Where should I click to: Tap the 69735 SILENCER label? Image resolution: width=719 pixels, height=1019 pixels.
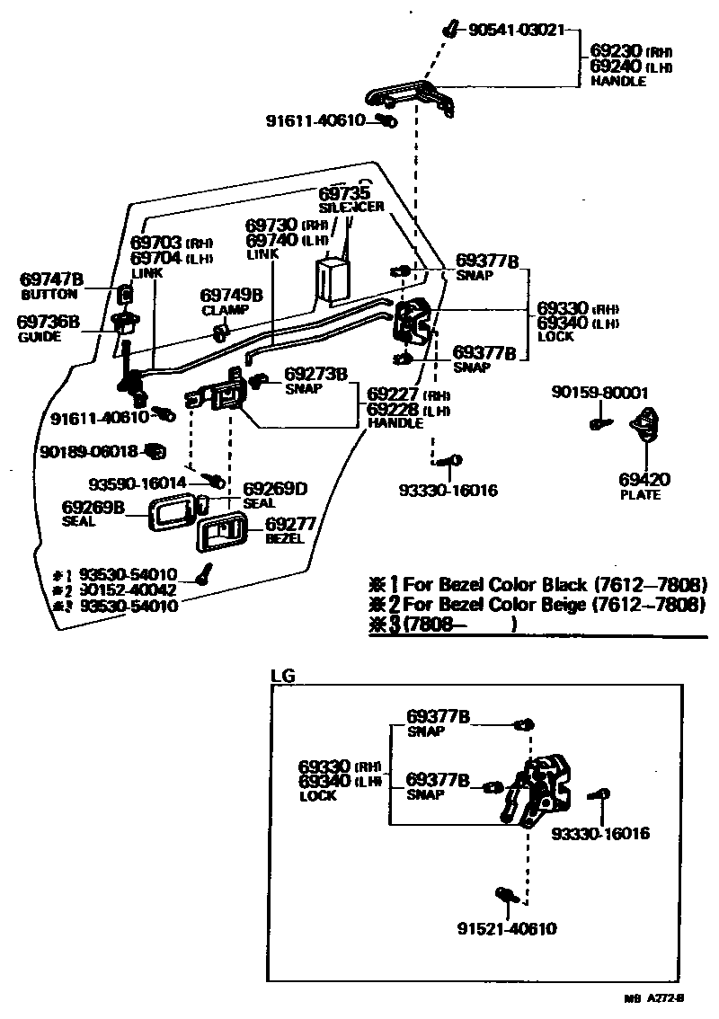click(351, 199)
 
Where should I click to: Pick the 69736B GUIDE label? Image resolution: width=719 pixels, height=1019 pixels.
click(50, 328)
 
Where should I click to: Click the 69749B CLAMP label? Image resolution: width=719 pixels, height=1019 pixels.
click(230, 301)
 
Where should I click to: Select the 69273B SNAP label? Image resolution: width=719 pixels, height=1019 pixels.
click(315, 380)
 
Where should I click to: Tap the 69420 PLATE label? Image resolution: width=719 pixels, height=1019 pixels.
click(644, 486)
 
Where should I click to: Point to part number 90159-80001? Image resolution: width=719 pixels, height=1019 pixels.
click(599, 393)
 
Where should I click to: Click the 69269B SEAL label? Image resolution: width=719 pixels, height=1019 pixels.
click(93, 513)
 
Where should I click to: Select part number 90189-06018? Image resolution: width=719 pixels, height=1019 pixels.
click(89, 451)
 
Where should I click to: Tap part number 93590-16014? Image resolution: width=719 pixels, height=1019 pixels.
click(138, 483)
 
